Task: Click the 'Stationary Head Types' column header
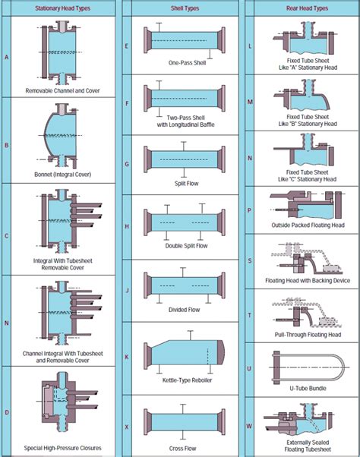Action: (63, 8)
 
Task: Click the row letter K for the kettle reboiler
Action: (126, 356)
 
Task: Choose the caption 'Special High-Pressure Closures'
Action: (63, 448)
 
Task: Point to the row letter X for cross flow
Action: (126, 427)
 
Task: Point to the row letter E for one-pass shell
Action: (126, 46)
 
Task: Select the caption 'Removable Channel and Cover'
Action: (63, 90)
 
